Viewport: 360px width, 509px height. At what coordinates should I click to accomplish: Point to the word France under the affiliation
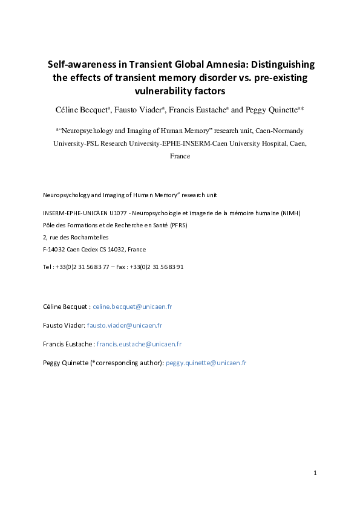click(180, 156)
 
